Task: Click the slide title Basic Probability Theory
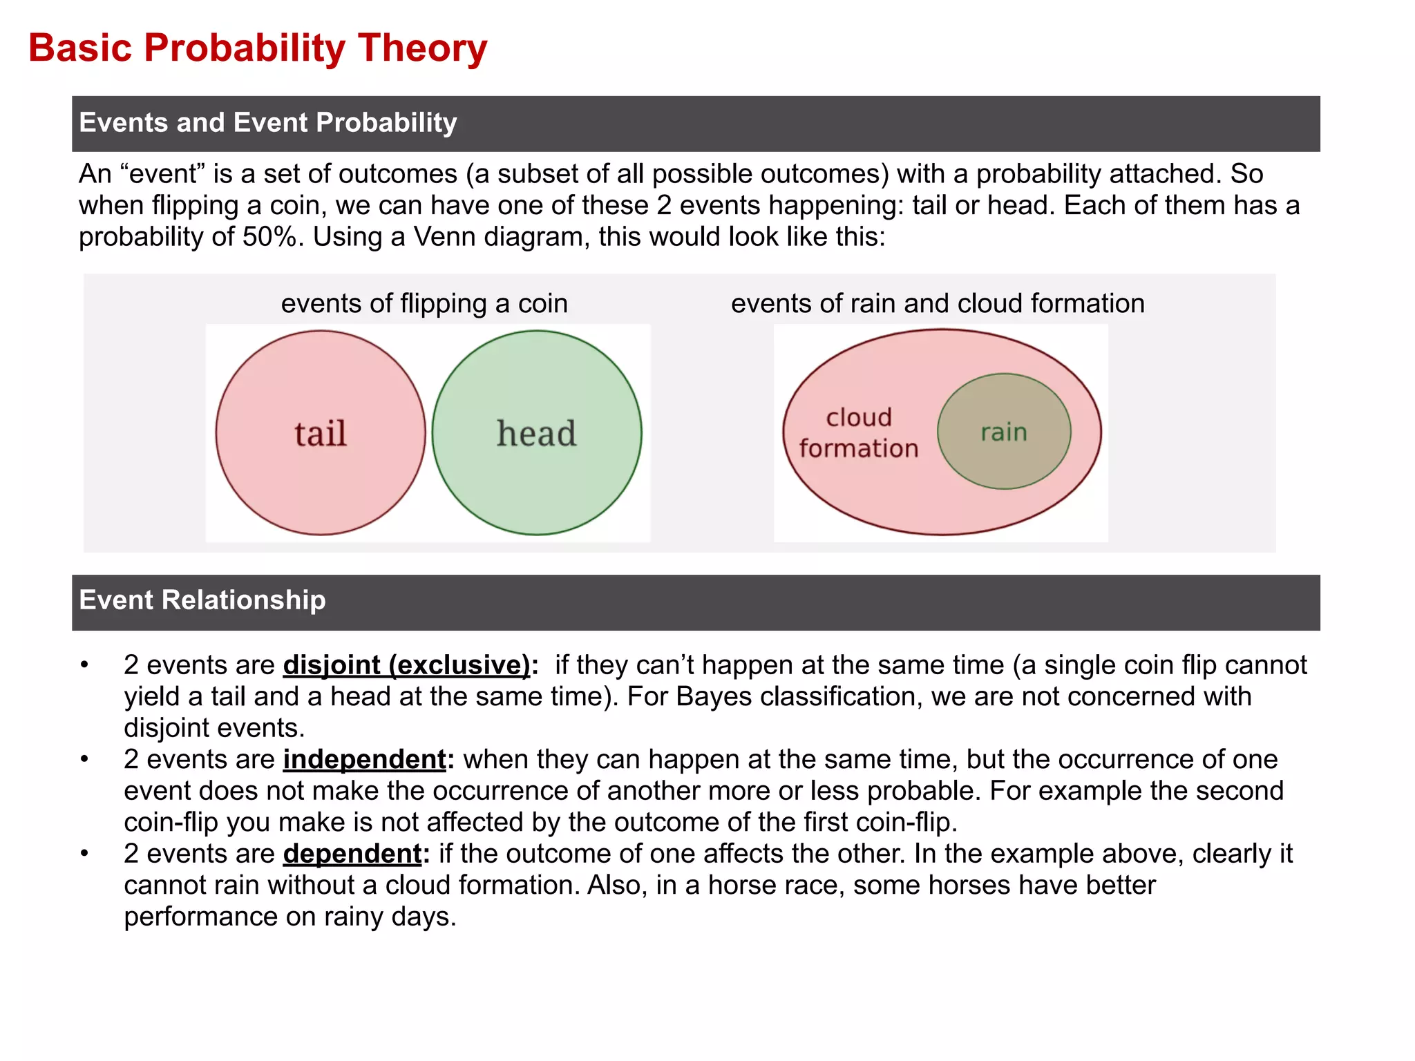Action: pos(258,48)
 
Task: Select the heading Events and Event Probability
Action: pos(268,123)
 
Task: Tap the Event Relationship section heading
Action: pos(202,600)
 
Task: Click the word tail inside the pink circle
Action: pos(321,434)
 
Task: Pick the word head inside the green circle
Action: pos(536,434)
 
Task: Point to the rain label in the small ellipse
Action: pos(1004,432)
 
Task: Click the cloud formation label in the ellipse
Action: pos(859,433)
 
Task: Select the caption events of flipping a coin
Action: pos(424,304)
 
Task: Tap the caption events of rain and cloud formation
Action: pos(938,304)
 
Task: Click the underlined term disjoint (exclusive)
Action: pos(406,665)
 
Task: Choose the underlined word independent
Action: pos(365,760)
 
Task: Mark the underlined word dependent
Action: pos(352,854)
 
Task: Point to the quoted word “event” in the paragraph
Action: pos(162,174)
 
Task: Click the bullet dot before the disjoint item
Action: pos(84,665)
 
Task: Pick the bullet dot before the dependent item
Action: pos(84,854)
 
